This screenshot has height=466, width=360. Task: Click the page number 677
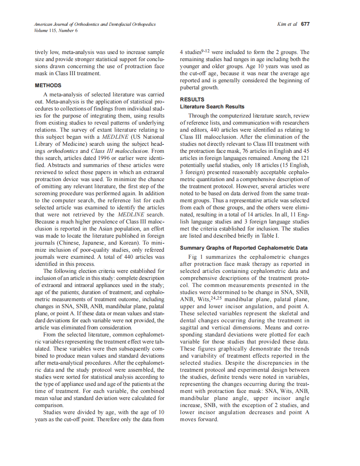click(305, 24)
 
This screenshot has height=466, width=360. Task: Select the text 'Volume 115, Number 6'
click(56, 31)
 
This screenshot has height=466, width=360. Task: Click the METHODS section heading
click(48, 86)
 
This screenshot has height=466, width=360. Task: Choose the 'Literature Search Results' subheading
click(212, 107)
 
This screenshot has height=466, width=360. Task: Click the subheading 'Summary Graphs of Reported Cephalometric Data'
click(244, 248)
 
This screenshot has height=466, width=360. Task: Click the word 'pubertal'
click(190, 88)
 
